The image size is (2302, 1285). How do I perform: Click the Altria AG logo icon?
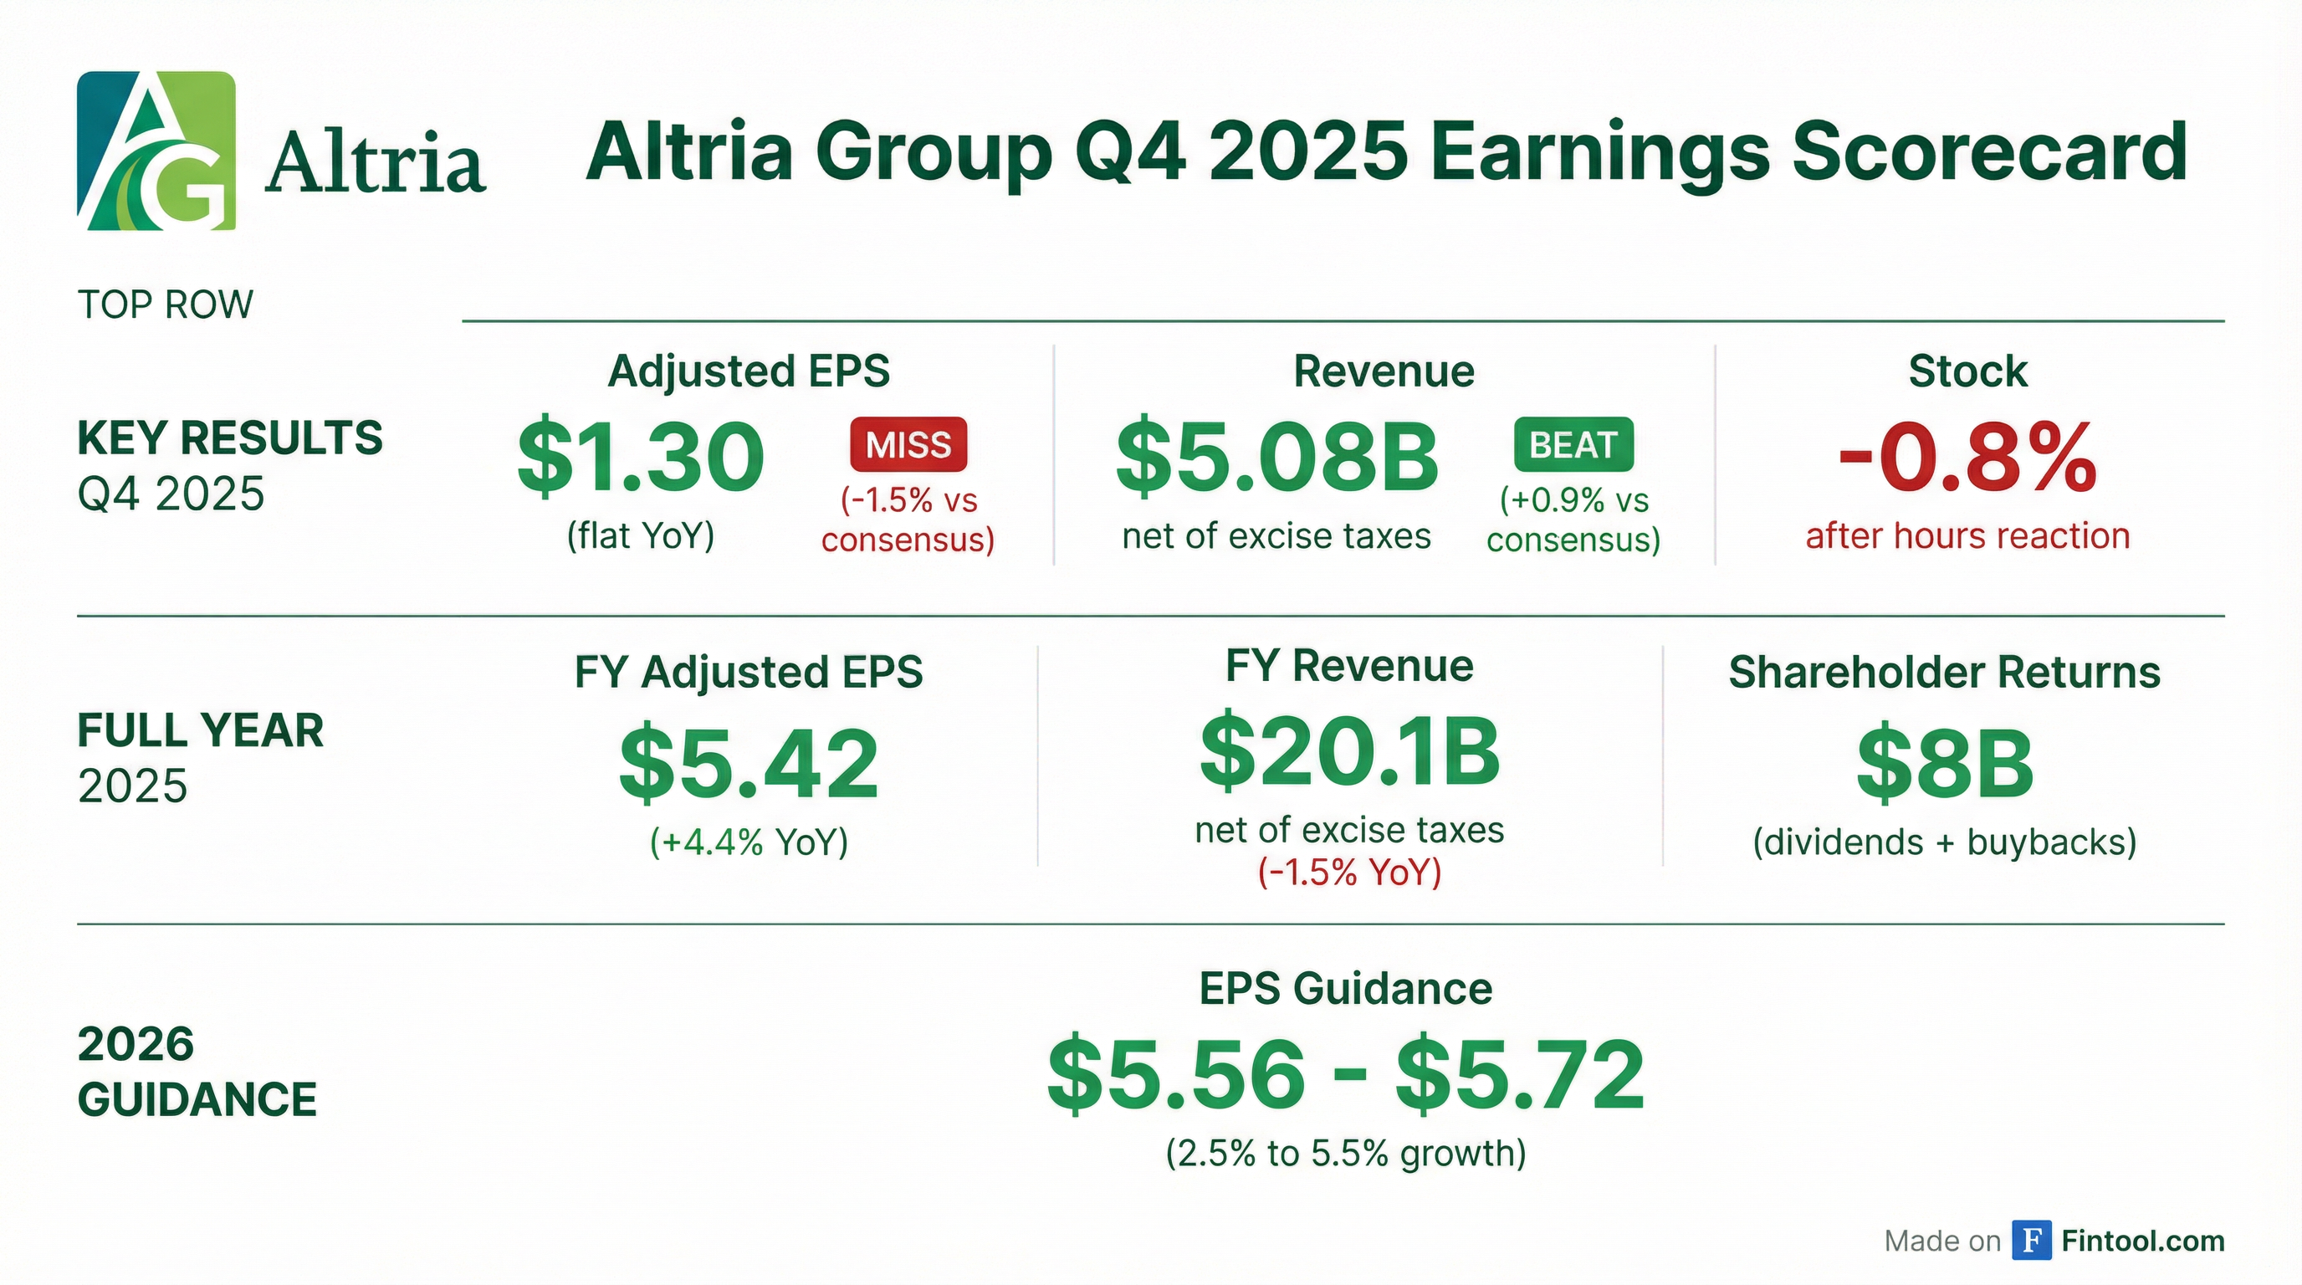(156, 151)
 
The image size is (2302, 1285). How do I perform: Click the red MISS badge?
(908, 444)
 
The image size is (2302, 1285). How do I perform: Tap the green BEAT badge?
(1573, 444)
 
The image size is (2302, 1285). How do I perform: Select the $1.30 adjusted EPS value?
(641, 458)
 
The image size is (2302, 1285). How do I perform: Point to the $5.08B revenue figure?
(1277, 458)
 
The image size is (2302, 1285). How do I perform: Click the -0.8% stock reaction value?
(1967, 458)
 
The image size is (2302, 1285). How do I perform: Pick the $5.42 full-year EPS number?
(749, 763)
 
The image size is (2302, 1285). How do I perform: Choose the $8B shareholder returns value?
(1945, 763)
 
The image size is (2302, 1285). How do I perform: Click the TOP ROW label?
(166, 305)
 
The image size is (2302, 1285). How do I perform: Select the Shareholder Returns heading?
(1945, 672)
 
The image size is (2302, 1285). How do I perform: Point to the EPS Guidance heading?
(1346, 988)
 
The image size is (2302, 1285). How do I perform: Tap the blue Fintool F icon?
(2031, 1240)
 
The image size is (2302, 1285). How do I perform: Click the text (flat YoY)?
(641, 536)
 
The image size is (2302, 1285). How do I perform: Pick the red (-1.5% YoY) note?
(1349, 873)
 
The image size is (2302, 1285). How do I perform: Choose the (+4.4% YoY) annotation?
(749, 842)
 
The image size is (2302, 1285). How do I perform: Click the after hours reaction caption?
(1967, 536)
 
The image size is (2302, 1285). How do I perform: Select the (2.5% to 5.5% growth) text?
(1346, 1153)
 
